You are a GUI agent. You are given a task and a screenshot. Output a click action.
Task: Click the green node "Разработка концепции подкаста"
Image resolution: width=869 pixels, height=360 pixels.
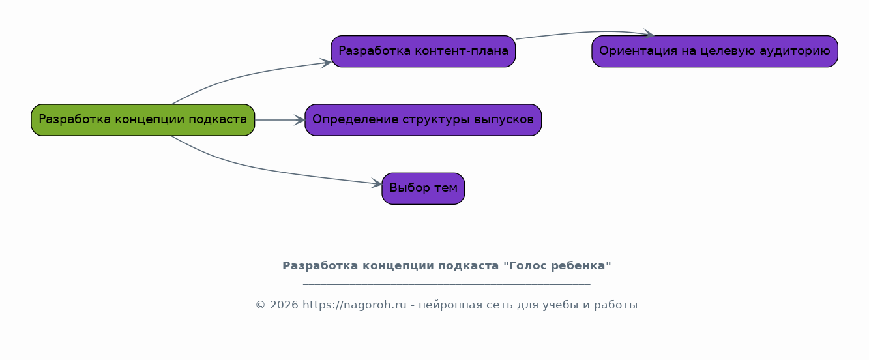(143, 120)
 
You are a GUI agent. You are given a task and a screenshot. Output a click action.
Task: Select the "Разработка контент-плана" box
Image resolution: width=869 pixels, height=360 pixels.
(423, 52)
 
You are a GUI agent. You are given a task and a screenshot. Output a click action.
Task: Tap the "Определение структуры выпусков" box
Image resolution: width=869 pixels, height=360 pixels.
(423, 120)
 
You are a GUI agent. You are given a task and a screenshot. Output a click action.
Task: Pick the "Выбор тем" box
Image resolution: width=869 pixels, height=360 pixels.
(423, 188)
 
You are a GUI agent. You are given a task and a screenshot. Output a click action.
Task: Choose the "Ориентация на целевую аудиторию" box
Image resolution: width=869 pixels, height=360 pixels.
(714, 52)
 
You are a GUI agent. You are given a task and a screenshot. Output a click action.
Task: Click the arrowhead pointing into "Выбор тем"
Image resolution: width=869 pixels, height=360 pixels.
(377, 183)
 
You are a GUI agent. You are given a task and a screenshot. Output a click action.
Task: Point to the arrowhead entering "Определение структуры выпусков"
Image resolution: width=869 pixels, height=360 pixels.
(299, 120)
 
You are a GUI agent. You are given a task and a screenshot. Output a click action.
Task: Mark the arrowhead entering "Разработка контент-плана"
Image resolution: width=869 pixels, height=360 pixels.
(326, 63)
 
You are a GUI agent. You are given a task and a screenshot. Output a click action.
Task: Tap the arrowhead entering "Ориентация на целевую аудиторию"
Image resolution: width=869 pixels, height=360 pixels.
(648, 34)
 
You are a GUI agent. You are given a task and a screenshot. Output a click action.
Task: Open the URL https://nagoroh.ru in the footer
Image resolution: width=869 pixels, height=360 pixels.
(355, 305)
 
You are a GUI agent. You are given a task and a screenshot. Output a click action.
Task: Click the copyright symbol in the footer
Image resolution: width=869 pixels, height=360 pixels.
(260, 305)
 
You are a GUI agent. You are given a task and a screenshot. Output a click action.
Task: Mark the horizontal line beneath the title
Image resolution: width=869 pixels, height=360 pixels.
(447, 285)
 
